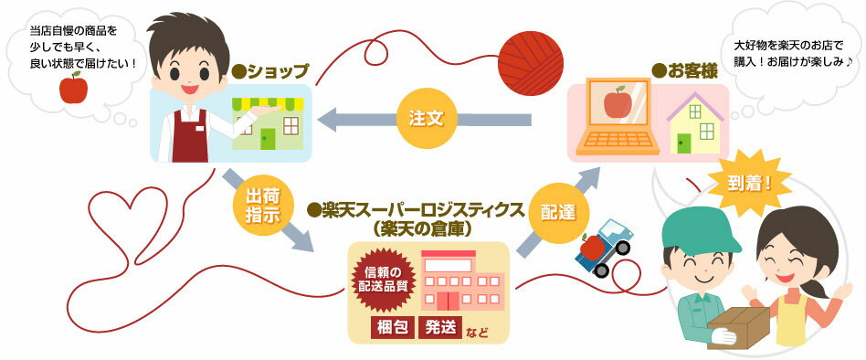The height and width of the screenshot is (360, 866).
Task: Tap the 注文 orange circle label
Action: coord(426,119)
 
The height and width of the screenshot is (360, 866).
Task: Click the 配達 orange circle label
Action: coord(557,212)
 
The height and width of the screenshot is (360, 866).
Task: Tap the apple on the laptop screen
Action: coord(618,103)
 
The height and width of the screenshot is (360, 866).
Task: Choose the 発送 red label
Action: coord(439,328)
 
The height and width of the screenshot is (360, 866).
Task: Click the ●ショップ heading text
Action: coord(269,70)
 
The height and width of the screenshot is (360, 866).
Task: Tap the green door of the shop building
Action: coord(268,139)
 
